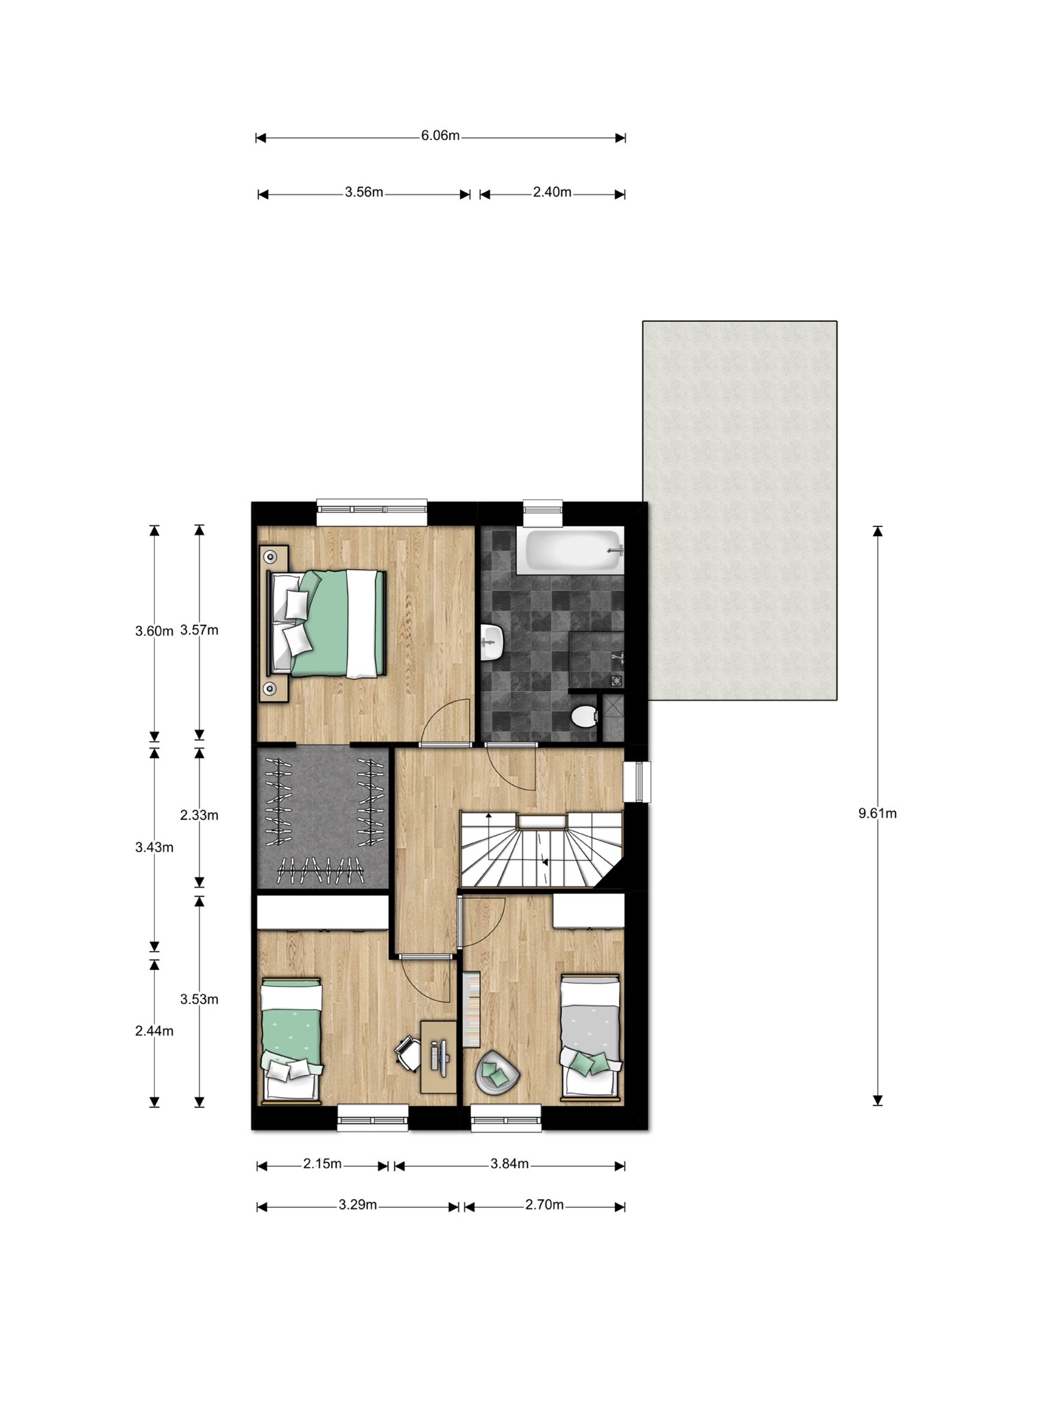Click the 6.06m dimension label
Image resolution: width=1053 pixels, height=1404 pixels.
coord(440,136)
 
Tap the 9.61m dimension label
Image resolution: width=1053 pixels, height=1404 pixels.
coord(877,814)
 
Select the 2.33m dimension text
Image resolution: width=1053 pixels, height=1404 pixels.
coord(199,815)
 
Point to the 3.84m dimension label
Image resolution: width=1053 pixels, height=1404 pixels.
coord(509,1163)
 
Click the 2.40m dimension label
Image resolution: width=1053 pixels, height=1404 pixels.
coord(552,193)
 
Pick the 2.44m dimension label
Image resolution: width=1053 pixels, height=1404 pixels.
coord(154,1031)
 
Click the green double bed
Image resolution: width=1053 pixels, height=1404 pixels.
coord(326,624)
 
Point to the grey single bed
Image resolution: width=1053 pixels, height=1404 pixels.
coord(591,1038)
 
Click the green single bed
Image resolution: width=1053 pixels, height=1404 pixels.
coord(291,1040)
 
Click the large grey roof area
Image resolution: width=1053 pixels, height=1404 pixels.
coord(740,511)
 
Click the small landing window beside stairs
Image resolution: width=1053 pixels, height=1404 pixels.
coord(636,782)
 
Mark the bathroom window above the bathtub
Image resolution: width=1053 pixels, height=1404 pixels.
coord(543,513)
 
